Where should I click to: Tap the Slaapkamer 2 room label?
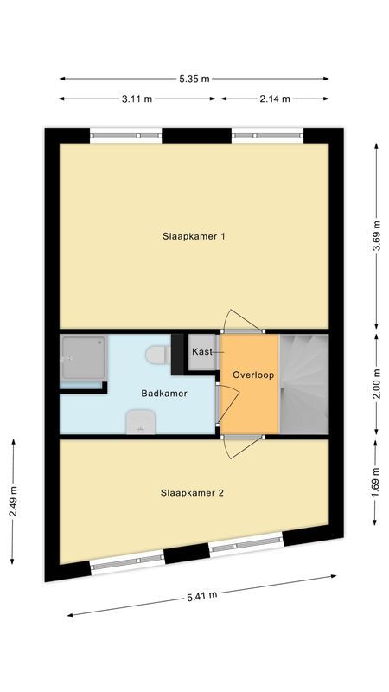click(193, 493)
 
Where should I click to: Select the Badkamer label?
click(164, 394)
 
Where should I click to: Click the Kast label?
click(202, 352)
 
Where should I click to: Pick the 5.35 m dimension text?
click(194, 79)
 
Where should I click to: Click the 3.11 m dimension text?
click(137, 99)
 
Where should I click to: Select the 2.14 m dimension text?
click(275, 99)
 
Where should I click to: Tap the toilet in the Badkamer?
click(157, 354)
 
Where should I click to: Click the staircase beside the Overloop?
click(304, 382)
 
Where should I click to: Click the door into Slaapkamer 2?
click(242, 446)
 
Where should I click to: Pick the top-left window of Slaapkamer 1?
click(126, 135)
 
